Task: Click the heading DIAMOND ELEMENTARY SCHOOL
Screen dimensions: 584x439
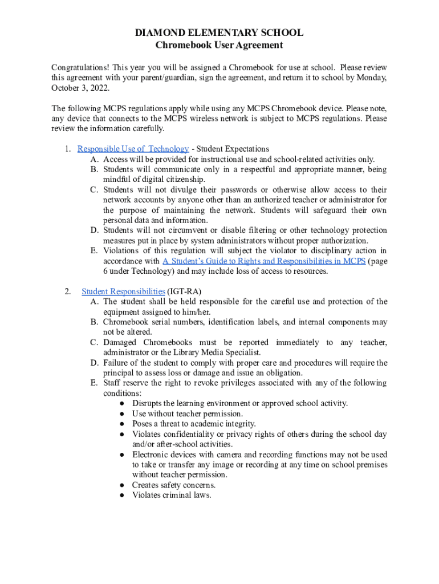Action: pyautogui.click(x=219, y=33)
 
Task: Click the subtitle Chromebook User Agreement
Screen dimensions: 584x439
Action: pyautogui.click(x=219, y=45)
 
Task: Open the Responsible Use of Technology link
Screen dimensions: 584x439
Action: pyautogui.click(x=133, y=149)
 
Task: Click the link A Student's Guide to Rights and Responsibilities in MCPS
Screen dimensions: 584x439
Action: pyautogui.click(x=264, y=261)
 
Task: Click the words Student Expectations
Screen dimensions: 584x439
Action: pyautogui.click(x=233, y=149)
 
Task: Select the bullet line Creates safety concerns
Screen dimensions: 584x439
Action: pyautogui.click(x=173, y=485)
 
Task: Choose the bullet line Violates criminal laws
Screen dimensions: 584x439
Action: pyautogui.click(x=172, y=495)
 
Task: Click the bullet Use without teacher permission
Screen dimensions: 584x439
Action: pyautogui.click(x=187, y=413)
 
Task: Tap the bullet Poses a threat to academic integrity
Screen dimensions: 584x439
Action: pyautogui.click(x=194, y=424)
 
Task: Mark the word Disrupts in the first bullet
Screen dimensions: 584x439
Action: pyautogui.click(x=147, y=403)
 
